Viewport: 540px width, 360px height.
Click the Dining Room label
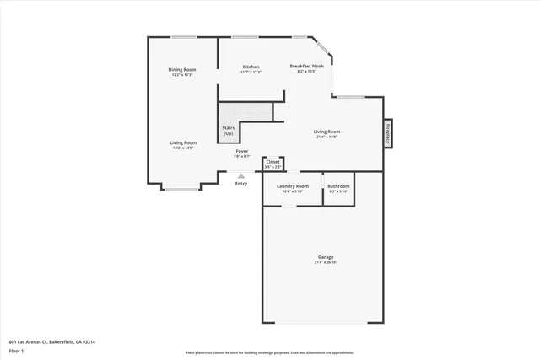[x=182, y=69]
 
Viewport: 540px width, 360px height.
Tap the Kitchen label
[x=251, y=67]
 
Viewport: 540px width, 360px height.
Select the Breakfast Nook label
[x=306, y=66]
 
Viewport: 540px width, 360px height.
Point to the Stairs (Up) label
[x=228, y=131]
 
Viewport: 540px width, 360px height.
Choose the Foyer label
[x=241, y=151]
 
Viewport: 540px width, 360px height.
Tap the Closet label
[x=273, y=161]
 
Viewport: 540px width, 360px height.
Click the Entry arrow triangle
[x=241, y=175]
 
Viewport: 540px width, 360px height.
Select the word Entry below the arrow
[x=241, y=183]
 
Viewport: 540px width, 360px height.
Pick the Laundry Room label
[x=293, y=185]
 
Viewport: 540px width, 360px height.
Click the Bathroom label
[x=338, y=185]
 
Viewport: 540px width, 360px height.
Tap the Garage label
[x=326, y=256]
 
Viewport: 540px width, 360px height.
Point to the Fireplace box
[x=388, y=133]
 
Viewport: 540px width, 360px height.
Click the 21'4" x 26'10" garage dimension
[x=326, y=262]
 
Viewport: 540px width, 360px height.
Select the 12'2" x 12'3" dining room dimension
[x=182, y=75]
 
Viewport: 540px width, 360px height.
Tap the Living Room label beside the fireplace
[x=327, y=132]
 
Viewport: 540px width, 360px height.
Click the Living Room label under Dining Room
[x=184, y=142]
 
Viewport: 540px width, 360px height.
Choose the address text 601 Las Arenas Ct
[x=51, y=341]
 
